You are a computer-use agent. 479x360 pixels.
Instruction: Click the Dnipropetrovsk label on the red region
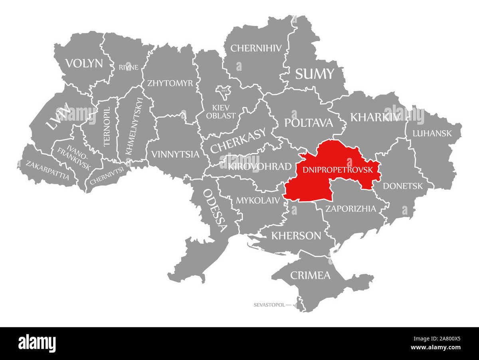click(338, 169)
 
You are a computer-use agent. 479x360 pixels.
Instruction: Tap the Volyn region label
click(84, 63)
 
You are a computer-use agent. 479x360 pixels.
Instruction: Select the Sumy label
click(315, 74)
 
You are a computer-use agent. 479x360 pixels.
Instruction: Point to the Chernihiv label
click(256, 48)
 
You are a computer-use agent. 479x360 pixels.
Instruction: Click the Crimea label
click(310, 275)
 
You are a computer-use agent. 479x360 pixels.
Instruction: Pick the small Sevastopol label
click(269, 305)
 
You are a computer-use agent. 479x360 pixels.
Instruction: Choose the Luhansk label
click(432, 133)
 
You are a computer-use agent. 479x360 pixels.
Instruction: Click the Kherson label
click(296, 235)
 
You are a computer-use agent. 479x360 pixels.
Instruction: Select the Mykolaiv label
click(258, 200)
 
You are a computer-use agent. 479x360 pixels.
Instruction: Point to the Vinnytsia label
click(175, 154)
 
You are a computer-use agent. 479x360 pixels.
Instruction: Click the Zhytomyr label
click(170, 83)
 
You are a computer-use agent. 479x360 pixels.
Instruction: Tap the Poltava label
click(308, 123)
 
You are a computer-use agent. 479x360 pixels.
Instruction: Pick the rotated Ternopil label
click(107, 127)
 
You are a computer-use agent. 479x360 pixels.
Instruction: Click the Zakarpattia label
click(48, 170)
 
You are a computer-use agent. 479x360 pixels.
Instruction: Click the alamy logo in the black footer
click(37, 343)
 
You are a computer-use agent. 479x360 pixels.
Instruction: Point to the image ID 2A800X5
click(444, 339)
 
